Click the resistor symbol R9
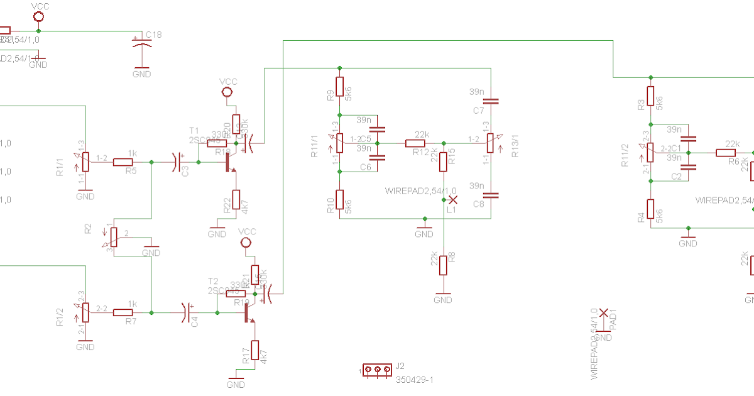tap(339, 87)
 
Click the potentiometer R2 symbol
tap(113, 236)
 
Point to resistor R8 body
tap(443, 265)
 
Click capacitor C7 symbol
tap(491, 101)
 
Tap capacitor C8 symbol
tap(491, 195)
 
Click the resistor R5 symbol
tap(123, 162)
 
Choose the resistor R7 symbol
tap(123, 312)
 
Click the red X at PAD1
tap(603, 312)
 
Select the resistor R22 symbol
tap(236, 199)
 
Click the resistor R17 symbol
tap(255, 349)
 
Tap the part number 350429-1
tap(415, 380)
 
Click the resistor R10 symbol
tap(339, 200)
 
